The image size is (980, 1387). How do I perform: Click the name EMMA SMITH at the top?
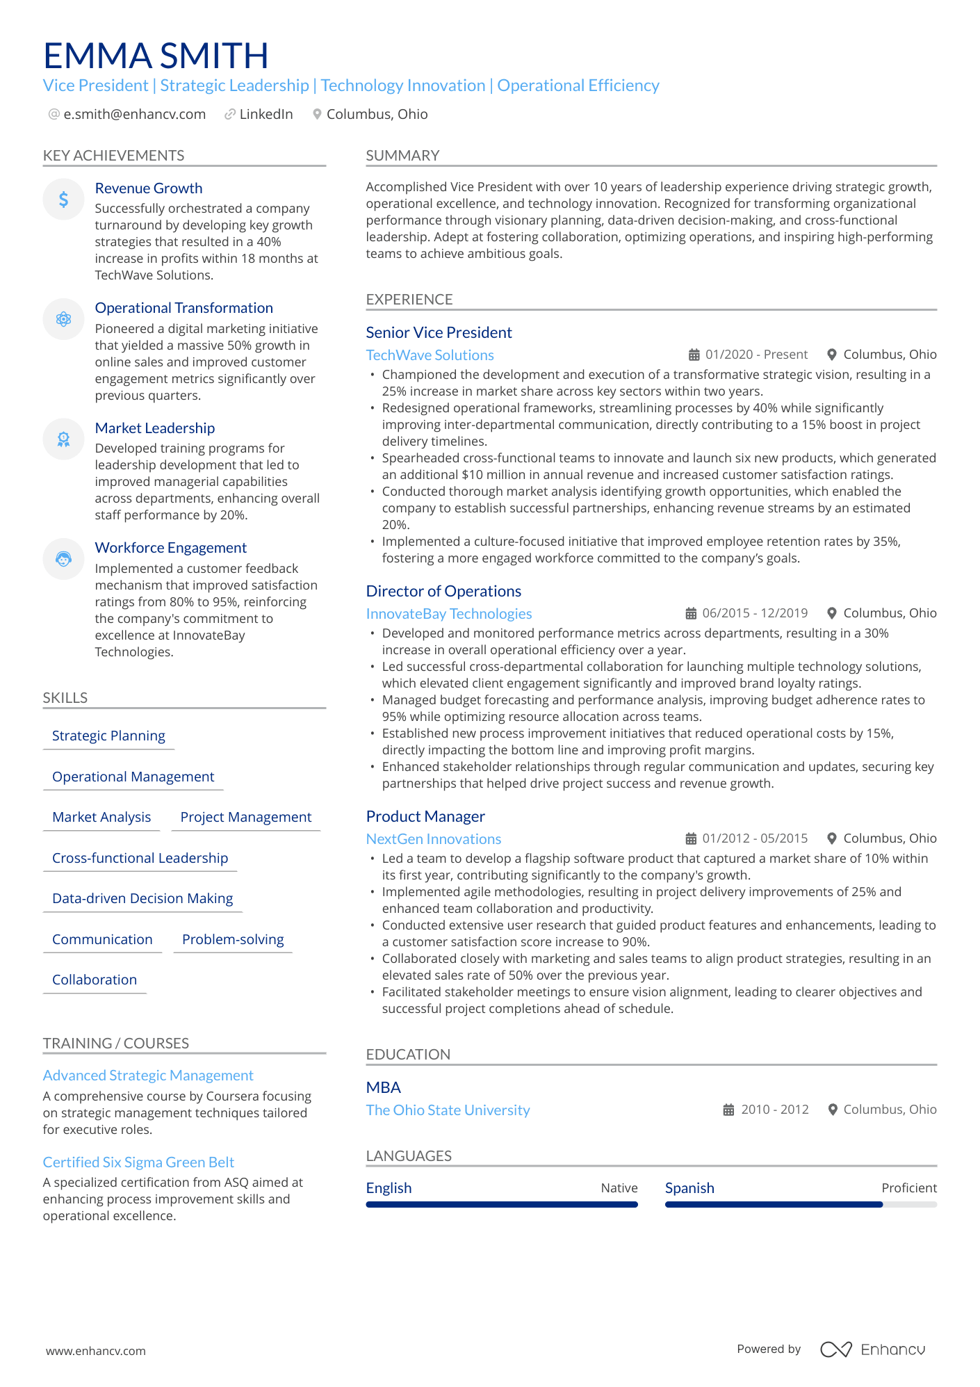click(x=156, y=56)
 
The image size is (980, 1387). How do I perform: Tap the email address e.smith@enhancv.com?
click(x=134, y=114)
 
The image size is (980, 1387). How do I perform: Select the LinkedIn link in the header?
click(x=266, y=114)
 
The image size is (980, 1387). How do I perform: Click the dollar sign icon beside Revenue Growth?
click(x=63, y=200)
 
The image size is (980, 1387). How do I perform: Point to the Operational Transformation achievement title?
click(x=183, y=308)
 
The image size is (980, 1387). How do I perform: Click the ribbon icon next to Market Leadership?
click(x=63, y=439)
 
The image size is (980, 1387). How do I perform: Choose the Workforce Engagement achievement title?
click(x=170, y=548)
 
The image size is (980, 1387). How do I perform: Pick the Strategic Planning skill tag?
click(x=108, y=736)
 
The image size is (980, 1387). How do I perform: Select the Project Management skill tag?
click(x=245, y=817)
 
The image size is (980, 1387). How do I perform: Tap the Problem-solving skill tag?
click(x=233, y=939)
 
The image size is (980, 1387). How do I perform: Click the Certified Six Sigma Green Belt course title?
click(x=138, y=1162)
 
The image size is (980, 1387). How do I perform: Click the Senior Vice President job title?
click(x=439, y=332)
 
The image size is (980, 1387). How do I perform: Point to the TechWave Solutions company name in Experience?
click(x=430, y=355)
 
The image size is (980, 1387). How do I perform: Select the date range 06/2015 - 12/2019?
click(x=755, y=613)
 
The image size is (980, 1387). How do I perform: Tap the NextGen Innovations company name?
click(x=433, y=839)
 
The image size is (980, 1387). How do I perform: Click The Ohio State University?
click(x=448, y=1110)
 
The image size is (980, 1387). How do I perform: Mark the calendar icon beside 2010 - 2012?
click(x=728, y=1110)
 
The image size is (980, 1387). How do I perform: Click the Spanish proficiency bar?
click(x=801, y=1204)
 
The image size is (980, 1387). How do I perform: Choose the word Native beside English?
click(x=619, y=1188)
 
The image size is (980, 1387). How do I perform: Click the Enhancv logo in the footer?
click(x=873, y=1349)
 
